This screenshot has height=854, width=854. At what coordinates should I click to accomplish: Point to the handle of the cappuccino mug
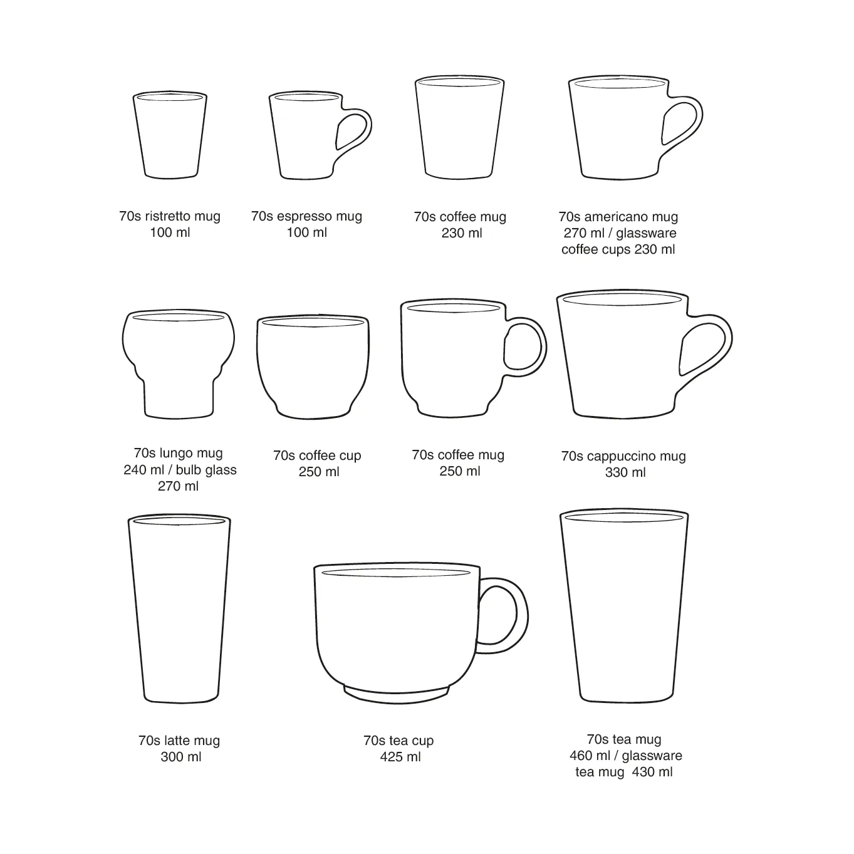pyautogui.click(x=723, y=341)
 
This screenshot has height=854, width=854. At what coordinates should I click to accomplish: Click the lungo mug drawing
pyautogui.click(x=178, y=363)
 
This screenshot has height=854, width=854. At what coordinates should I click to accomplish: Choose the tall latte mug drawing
pyautogui.click(x=180, y=608)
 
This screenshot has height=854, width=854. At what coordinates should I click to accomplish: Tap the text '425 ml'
pyautogui.click(x=400, y=757)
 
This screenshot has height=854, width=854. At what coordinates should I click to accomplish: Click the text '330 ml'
pyautogui.click(x=625, y=472)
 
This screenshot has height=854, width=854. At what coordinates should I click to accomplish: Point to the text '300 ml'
pyautogui.click(x=181, y=757)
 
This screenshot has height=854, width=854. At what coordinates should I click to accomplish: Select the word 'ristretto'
pyautogui.click(x=167, y=216)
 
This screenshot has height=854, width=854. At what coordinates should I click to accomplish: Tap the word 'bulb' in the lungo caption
pyautogui.click(x=189, y=470)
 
